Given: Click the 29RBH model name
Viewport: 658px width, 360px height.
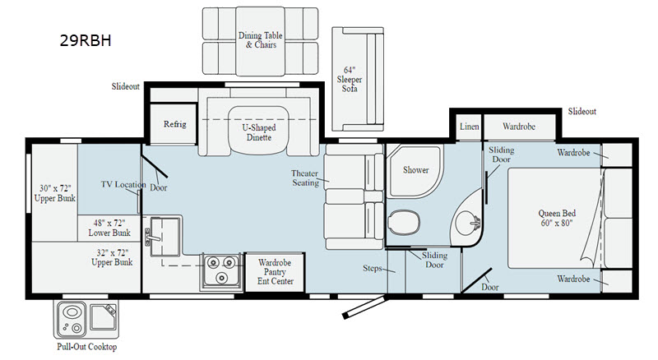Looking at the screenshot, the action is pyautogui.click(x=86, y=40).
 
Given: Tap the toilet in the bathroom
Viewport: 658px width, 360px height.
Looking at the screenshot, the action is pyautogui.click(x=404, y=223).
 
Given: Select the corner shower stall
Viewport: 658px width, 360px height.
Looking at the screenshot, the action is pyautogui.click(x=415, y=171).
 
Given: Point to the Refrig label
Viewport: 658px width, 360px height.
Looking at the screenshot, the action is pyautogui.click(x=174, y=124).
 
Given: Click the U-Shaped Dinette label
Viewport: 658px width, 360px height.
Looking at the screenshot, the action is pyautogui.click(x=259, y=132).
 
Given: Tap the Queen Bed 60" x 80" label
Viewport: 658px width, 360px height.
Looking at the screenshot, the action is pyautogui.click(x=557, y=218).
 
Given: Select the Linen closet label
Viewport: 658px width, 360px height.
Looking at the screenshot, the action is pyautogui.click(x=469, y=127).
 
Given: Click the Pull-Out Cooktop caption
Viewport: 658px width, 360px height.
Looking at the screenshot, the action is pyautogui.click(x=87, y=347).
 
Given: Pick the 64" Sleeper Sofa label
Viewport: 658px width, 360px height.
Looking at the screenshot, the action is pyautogui.click(x=349, y=79).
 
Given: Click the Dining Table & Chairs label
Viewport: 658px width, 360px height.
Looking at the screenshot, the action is pyautogui.click(x=260, y=39).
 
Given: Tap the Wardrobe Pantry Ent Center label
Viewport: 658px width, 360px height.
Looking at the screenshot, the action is pyautogui.click(x=275, y=272).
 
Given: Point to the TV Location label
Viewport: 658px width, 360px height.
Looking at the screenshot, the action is pyautogui.click(x=123, y=184).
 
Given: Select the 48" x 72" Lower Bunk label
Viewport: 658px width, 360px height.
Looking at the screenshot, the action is pyautogui.click(x=109, y=228).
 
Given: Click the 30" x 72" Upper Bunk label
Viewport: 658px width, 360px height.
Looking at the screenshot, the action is pyautogui.click(x=55, y=193).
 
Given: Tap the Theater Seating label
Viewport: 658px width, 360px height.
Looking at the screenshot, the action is pyautogui.click(x=305, y=178).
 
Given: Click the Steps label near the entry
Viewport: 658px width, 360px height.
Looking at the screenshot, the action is pyautogui.click(x=373, y=268).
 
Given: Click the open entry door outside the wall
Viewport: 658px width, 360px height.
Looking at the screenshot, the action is pyautogui.click(x=364, y=307).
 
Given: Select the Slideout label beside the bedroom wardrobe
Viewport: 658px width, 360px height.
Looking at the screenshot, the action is pyautogui.click(x=582, y=111).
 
